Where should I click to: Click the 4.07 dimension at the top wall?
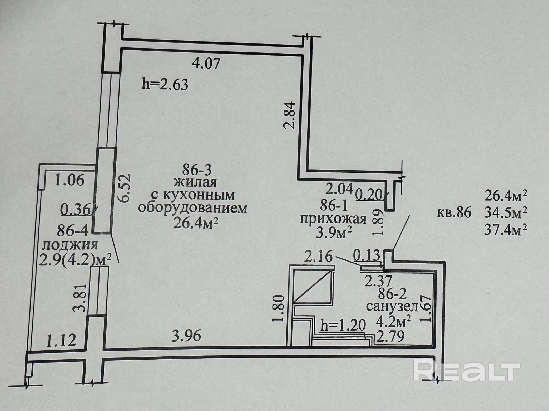206,64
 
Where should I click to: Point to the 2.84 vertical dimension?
289,115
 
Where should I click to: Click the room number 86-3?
197,170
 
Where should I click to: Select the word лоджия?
70,245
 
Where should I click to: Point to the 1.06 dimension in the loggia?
70,181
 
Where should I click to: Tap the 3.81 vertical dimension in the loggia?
81,298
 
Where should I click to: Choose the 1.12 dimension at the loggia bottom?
61,340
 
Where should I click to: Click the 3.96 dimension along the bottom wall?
186,336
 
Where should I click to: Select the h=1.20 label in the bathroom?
343,326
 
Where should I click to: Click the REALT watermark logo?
466,371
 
